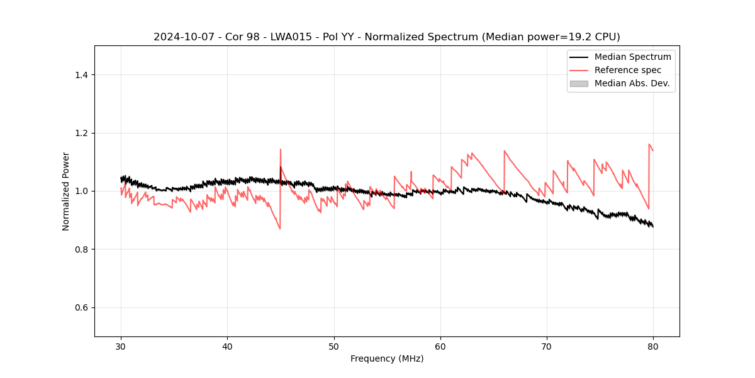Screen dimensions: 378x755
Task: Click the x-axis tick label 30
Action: [121, 346]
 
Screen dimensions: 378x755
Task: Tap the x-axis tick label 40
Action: [227, 346]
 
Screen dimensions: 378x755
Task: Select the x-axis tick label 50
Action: [334, 346]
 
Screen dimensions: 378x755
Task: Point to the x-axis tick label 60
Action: [440, 346]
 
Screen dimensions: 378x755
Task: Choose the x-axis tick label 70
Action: [547, 346]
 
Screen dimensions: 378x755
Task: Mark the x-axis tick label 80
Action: [653, 346]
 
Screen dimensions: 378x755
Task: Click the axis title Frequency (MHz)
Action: [387, 358]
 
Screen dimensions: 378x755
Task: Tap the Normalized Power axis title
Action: [66, 191]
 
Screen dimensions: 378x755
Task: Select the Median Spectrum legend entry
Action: [632, 57]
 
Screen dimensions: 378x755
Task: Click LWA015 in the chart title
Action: [294, 37]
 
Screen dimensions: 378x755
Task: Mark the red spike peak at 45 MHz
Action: [280, 149]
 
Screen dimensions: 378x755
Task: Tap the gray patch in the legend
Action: [579, 83]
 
